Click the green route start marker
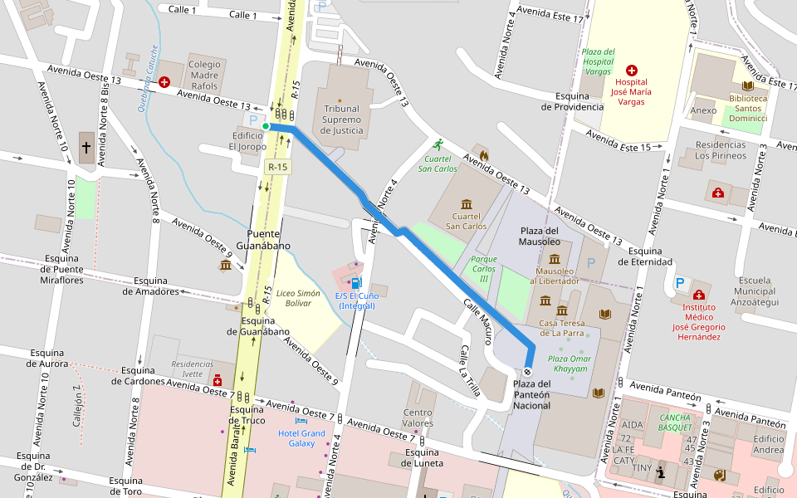coord(266,126)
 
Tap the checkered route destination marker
coord(527,371)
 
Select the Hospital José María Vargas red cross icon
coord(631,71)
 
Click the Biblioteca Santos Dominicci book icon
coord(747,85)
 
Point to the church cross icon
coord(86,148)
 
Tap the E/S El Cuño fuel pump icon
coord(356,283)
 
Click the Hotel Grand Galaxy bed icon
coord(301,422)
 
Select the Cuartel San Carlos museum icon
coord(466,204)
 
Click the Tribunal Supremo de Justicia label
coord(342,120)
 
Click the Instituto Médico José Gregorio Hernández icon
coord(698,295)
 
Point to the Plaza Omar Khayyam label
coord(568,364)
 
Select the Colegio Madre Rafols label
coord(205,75)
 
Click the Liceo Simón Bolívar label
coord(298,298)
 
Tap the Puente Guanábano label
coord(264,240)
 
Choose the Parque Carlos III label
coord(484,269)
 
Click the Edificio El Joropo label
coord(247,141)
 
